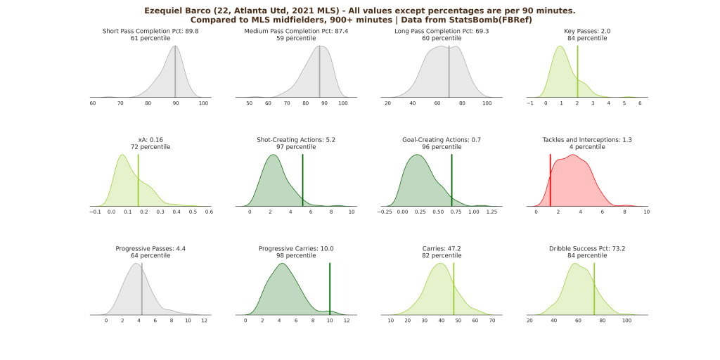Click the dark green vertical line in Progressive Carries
330,288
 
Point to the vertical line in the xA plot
138,180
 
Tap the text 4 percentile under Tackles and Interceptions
587,147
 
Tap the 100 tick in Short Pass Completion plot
204,103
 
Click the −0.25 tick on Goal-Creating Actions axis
385,212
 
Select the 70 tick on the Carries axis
492,321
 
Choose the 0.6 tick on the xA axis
209,212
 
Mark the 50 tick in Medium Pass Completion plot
250,103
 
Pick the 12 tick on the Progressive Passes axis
204,321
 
